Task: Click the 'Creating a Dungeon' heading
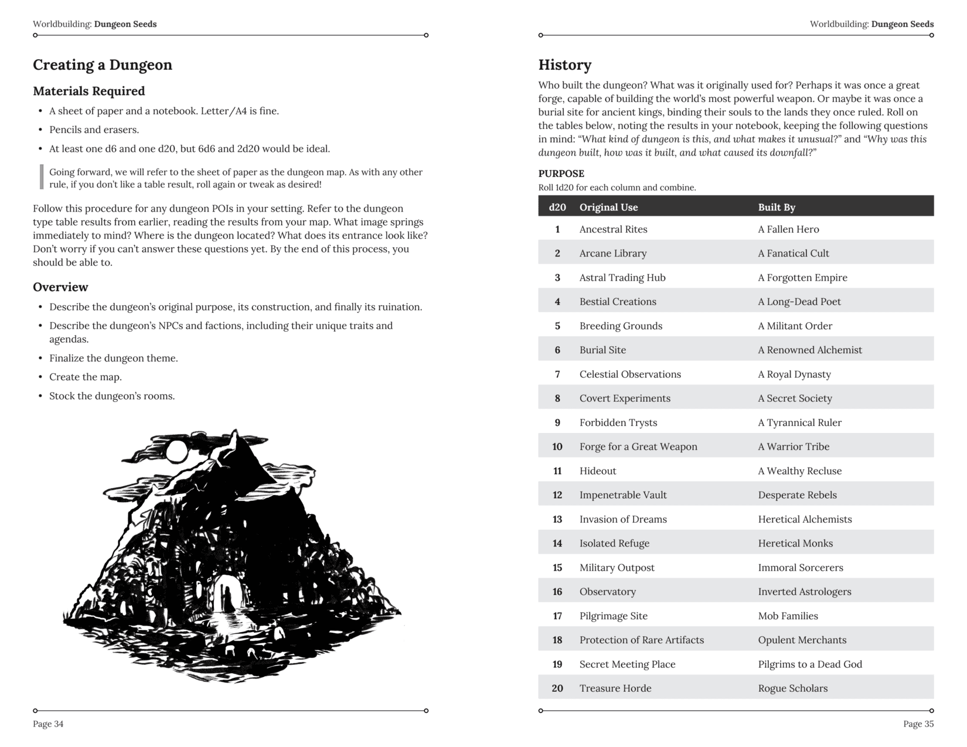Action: pos(103,65)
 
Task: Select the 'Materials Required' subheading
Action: pos(88,91)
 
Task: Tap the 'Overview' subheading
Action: pos(60,287)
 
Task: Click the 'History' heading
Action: pos(564,65)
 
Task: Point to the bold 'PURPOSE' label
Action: pos(561,173)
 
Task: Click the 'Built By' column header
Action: pos(776,207)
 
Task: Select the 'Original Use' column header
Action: pos(608,207)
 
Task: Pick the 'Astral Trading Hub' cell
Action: pos(622,278)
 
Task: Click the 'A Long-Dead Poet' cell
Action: pos(799,302)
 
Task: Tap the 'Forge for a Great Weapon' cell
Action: pos(638,446)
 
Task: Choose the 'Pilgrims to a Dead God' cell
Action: pos(809,664)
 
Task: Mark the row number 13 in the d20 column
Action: pos(557,519)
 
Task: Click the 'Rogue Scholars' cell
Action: pos(792,688)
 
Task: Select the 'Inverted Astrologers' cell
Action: pos(804,592)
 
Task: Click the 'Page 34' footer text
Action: pos(48,724)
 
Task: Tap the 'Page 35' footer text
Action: pos(918,724)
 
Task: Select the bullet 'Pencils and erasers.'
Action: pos(94,130)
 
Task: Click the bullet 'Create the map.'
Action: pos(85,377)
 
